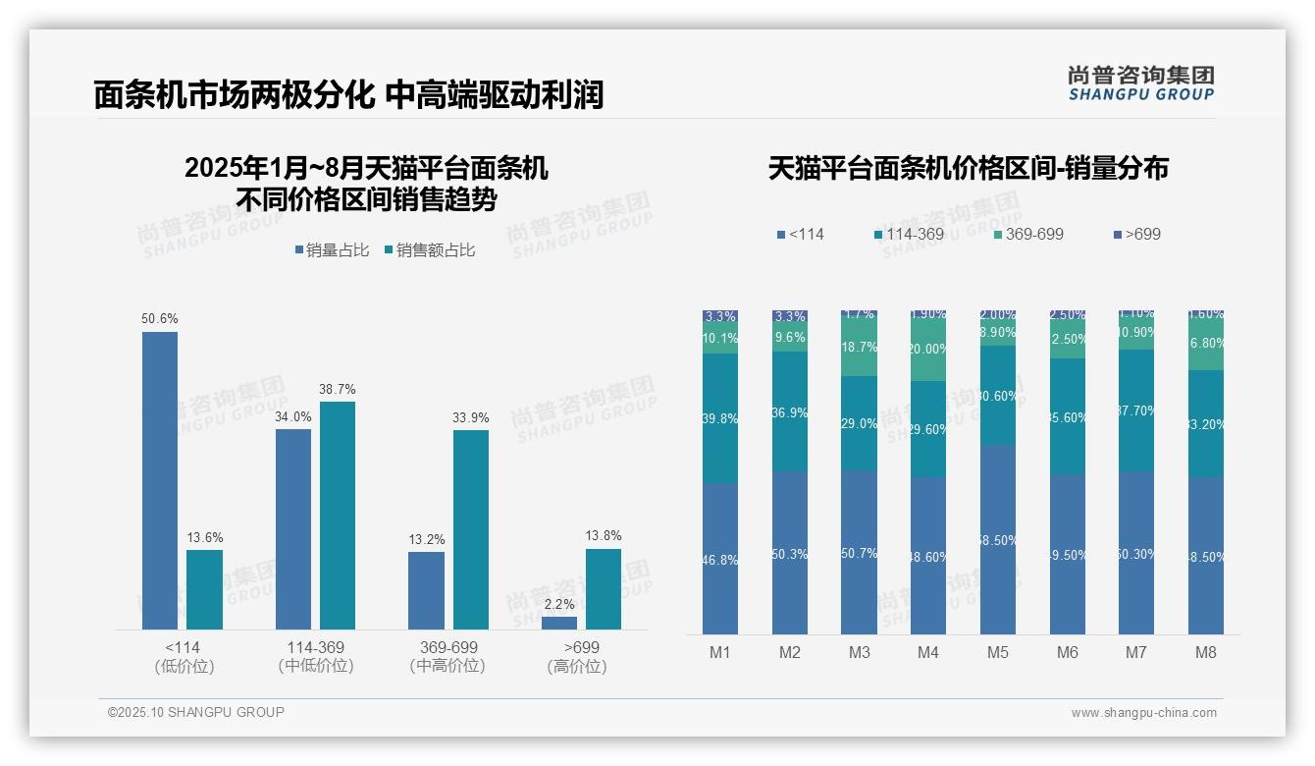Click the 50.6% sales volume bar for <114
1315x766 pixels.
pyautogui.click(x=160, y=480)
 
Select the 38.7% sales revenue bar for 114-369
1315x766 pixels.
pyautogui.click(x=338, y=515)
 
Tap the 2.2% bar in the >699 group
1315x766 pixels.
pyautogui.click(x=559, y=623)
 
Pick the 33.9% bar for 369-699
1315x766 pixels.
pyautogui.click(x=471, y=529)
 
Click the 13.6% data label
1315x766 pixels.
pyautogui.click(x=205, y=537)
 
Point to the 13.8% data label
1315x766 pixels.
pyautogui.click(x=604, y=535)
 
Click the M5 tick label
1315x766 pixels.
pyautogui.click(x=998, y=652)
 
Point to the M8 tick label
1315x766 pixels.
pyautogui.click(x=1206, y=652)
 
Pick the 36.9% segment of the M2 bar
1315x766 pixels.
pyautogui.click(x=790, y=411)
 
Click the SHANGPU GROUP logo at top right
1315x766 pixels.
pyautogui.click(x=1140, y=83)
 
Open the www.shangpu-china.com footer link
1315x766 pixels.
pyautogui.click(x=1143, y=713)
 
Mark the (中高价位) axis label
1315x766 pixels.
pyautogui.click(x=447, y=666)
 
